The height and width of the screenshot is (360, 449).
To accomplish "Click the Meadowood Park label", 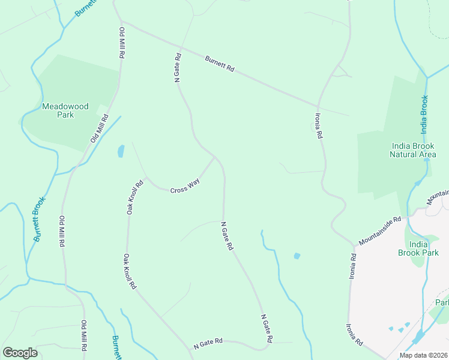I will [65, 110].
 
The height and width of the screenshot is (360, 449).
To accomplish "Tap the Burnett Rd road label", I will [219, 64].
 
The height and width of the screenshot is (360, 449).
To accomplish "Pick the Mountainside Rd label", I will [379, 231].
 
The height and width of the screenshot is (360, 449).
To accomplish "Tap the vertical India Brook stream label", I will [424, 114].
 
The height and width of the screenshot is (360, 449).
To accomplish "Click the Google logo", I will [20, 352].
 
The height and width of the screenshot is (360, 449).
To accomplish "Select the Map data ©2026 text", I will [423, 355].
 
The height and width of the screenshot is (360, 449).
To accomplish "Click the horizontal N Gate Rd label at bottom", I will [208, 344].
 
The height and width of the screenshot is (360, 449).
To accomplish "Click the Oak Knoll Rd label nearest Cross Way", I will [134, 197].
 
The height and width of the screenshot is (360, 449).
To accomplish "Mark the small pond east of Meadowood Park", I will [121, 151].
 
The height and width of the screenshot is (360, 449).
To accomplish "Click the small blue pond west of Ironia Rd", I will [297, 256].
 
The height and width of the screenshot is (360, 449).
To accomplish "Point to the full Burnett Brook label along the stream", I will [40, 220].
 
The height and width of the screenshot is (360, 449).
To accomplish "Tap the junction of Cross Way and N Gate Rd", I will [214, 158].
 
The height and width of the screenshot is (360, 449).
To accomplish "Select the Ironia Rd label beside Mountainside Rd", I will [352, 266].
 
